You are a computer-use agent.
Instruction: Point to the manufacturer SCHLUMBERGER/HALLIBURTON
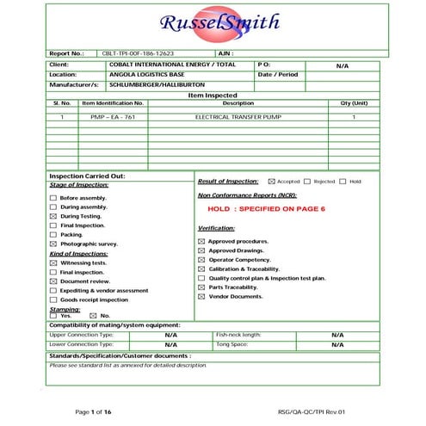[x=151, y=84]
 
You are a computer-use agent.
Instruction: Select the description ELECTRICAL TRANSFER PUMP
[x=238, y=116]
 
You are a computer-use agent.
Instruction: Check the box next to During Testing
[x=53, y=216]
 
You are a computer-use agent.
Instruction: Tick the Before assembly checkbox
[x=53, y=198]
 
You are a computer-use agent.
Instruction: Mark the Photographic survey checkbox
[x=53, y=244]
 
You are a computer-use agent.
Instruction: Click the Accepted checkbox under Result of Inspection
[x=272, y=182]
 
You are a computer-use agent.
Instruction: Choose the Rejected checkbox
[x=307, y=182]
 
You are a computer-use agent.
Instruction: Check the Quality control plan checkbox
[x=201, y=278]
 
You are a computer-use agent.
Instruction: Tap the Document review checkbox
[x=53, y=281]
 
